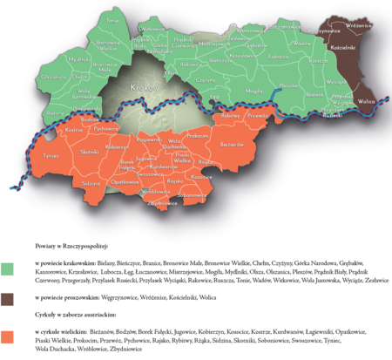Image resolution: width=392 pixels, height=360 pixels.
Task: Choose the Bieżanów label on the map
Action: click(233, 143)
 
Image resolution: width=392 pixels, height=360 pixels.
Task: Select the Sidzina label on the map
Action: click(91, 184)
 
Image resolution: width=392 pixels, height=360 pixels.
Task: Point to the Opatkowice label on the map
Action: click(128, 181)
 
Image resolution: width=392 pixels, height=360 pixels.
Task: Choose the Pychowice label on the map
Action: click(105, 128)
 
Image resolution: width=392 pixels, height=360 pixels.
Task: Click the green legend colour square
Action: click(8, 269)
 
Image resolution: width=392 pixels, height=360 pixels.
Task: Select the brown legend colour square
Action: click(8, 299)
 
